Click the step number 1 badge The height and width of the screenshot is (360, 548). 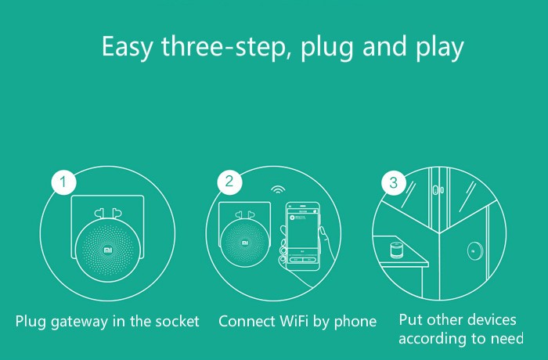pyautogui.click(x=63, y=182)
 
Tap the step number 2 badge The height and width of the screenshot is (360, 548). pyautogui.click(x=229, y=182)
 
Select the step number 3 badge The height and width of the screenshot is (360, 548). pyautogui.click(x=394, y=182)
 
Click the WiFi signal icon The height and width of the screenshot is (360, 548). pyautogui.click(x=278, y=189)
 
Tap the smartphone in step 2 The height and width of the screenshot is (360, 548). pyautogui.click(x=303, y=236)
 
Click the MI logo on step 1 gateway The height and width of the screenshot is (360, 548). pyautogui.click(x=108, y=250)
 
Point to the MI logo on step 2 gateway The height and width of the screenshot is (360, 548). pyautogui.click(x=245, y=243)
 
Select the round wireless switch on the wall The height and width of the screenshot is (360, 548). pyautogui.click(x=475, y=251)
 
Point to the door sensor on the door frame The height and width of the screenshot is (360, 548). pyautogui.click(x=438, y=190)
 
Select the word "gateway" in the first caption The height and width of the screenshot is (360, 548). pyautogui.click(x=79, y=322)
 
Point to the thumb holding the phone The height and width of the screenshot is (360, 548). pyautogui.click(x=323, y=233)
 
